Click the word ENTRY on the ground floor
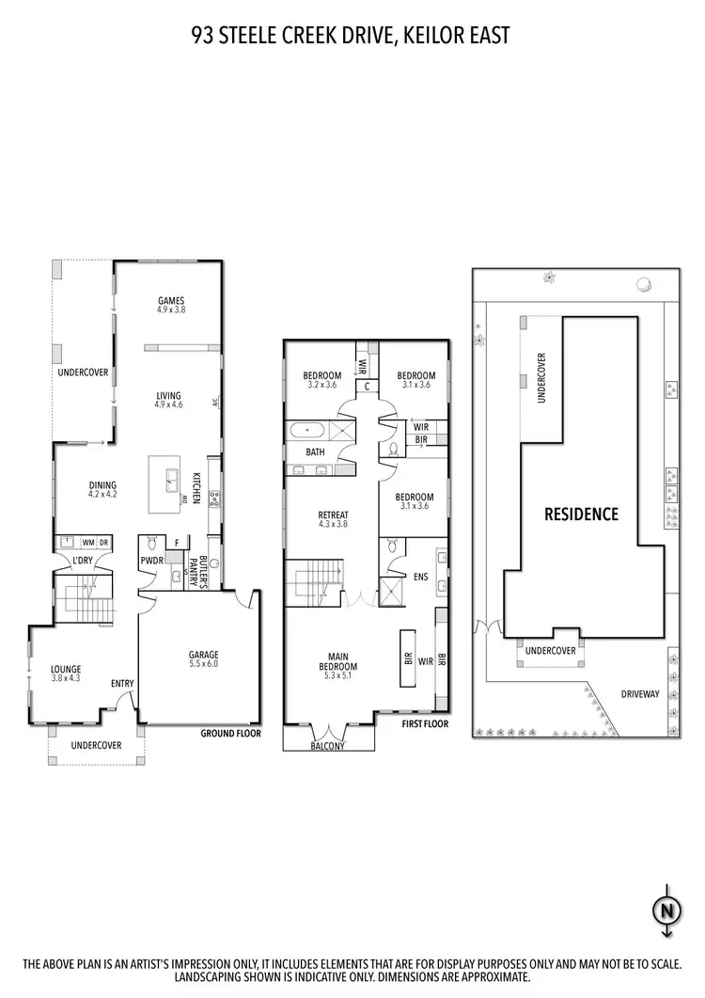pyautogui.click(x=122, y=684)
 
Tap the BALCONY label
pyautogui.click(x=329, y=746)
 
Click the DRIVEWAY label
pyautogui.click(x=640, y=694)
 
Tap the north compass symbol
pyautogui.click(x=666, y=910)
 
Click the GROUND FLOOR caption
pyautogui.click(x=230, y=733)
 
